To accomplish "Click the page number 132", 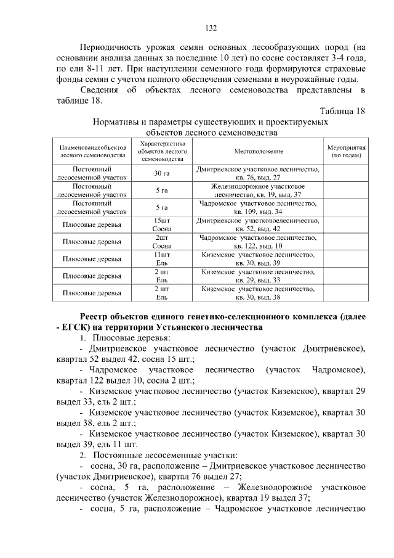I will (x=210, y=28).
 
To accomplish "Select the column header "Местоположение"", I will (x=258, y=151).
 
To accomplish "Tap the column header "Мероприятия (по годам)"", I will (x=347, y=151).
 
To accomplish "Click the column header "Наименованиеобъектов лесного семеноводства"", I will (x=92, y=152).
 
